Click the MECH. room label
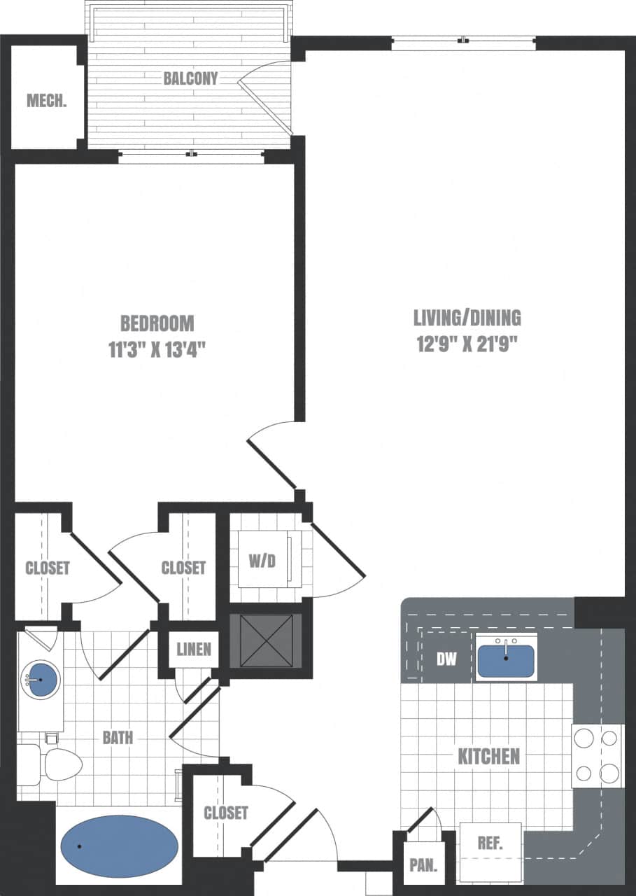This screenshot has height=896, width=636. (x=47, y=101)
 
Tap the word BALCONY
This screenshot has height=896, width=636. (x=190, y=78)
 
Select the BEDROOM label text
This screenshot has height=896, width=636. (x=157, y=323)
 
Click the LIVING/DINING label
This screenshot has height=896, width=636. (x=467, y=318)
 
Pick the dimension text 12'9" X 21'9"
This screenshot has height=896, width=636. (x=467, y=344)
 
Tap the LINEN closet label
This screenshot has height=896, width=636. (x=194, y=649)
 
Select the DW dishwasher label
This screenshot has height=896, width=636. (x=446, y=659)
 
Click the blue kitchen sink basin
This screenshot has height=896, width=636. (x=506, y=660)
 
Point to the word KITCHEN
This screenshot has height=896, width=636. (x=489, y=756)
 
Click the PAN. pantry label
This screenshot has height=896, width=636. (x=423, y=865)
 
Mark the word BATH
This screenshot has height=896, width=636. (x=118, y=737)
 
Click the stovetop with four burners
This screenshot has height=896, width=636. (x=598, y=755)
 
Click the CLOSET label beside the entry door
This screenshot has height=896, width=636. (x=225, y=813)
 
